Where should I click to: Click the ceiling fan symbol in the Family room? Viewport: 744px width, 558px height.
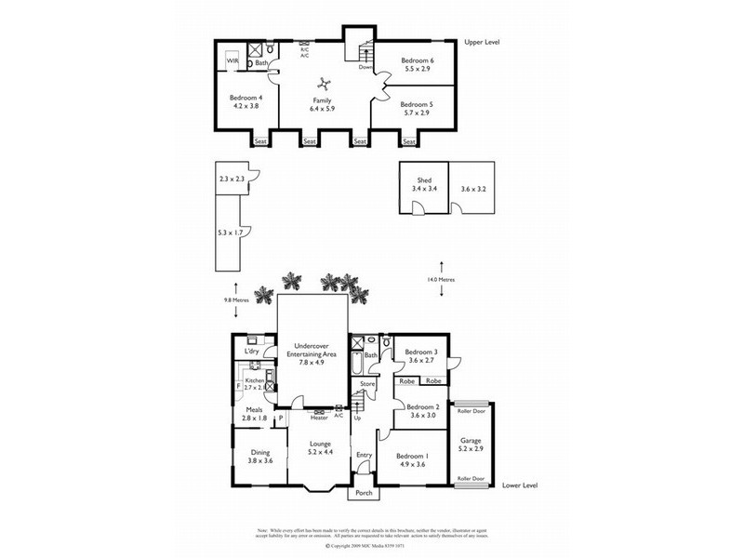[322, 82]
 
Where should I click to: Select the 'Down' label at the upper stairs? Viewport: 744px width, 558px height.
[366, 67]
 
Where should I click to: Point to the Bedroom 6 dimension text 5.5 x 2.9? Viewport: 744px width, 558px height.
[418, 70]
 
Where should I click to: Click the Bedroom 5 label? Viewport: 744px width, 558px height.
[418, 105]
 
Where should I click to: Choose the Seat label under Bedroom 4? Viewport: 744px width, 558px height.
[260, 141]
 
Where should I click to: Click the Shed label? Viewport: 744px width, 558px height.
[424, 179]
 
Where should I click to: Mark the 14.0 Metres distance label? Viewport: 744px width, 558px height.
[442, 279]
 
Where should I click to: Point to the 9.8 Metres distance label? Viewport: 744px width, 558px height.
[236, 299]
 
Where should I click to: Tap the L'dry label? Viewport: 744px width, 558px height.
[250, 352]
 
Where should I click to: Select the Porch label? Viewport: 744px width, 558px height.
[365, 494]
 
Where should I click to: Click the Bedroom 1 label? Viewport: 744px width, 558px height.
[412, 457]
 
